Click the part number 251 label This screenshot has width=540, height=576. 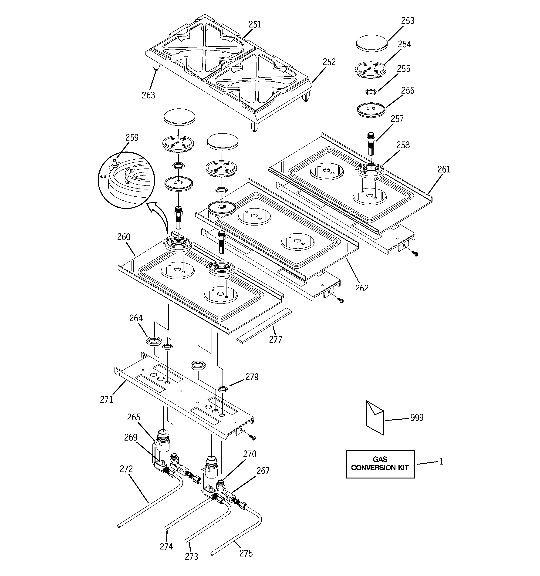(x=255, y=25)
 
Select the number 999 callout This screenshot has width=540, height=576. (x=417, y=418)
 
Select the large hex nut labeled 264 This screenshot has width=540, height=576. (x=154, y=341)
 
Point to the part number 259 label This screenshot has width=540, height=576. (x=132, y=137)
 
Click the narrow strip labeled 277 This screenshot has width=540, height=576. (x=264, y=325)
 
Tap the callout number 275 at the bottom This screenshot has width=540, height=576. (x=246, y=553)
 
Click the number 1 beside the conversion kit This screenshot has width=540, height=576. (x=441, y=461)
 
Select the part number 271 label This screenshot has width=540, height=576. (x=106, y=400)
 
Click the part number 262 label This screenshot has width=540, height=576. (x=362, y=288)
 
